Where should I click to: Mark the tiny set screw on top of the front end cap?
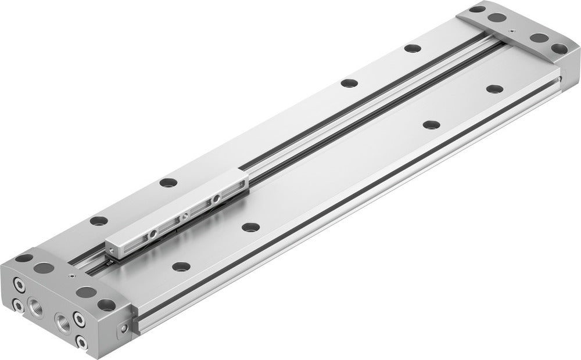71,277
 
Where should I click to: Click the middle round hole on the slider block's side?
185,216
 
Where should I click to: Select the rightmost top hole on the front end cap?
107,304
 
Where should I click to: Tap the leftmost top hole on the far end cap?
477,9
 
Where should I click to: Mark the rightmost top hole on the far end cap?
560,48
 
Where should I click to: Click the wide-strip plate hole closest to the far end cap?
494,89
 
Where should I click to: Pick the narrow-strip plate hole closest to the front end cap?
98,221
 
